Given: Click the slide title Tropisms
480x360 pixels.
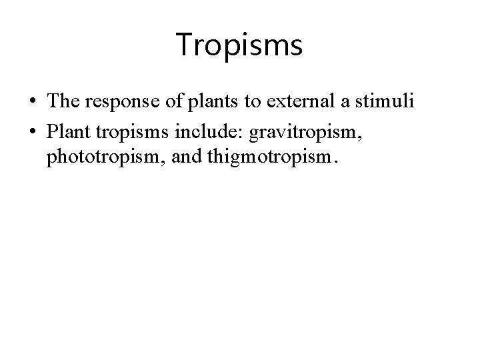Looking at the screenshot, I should [x=240, y=46].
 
